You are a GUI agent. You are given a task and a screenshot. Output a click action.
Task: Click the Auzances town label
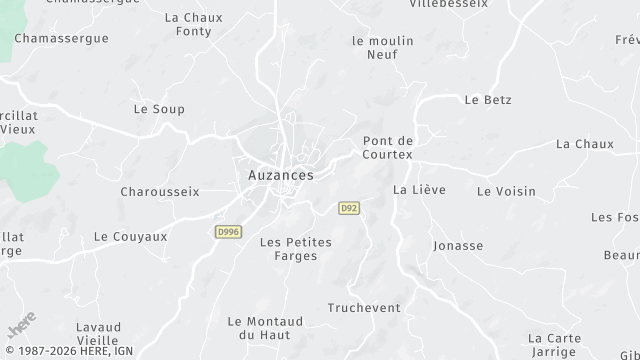point(280,175)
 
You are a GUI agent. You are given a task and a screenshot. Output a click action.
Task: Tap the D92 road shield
point(349,208)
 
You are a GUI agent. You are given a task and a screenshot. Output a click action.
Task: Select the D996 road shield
point(228,232)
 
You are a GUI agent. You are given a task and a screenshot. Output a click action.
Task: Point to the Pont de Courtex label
point(388,147)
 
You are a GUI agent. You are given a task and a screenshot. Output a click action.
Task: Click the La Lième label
point(419,189)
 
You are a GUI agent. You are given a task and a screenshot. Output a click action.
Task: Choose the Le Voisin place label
point(506,191)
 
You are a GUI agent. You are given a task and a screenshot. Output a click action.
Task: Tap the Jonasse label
point(458,245)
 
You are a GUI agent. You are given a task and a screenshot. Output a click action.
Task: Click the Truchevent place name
point(364,307)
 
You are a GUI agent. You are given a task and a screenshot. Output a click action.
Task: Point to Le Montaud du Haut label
point(264,327)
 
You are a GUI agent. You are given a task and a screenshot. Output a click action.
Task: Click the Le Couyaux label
point(130,237)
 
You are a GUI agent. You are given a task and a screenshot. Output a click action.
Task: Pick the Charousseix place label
point(160,191)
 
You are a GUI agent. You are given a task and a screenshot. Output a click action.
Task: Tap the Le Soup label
point(159,109)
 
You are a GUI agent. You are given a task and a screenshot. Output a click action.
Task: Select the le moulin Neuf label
point(375,47)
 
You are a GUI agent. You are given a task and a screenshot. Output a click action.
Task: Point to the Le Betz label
point(488,100)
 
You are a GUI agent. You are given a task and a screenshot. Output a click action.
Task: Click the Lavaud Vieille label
point(98,333)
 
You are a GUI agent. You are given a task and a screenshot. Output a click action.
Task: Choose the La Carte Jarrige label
point(553,345)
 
